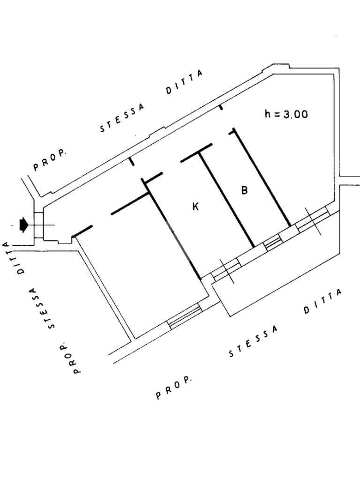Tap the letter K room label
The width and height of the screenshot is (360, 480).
coord(196,206)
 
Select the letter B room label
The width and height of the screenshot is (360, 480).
coord(244,190)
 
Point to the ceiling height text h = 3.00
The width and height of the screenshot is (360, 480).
coord(286,113)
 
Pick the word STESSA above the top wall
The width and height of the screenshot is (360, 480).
coord(122,119)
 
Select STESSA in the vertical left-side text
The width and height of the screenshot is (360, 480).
coord(42,307)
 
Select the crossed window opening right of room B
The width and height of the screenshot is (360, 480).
coord(312,219)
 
